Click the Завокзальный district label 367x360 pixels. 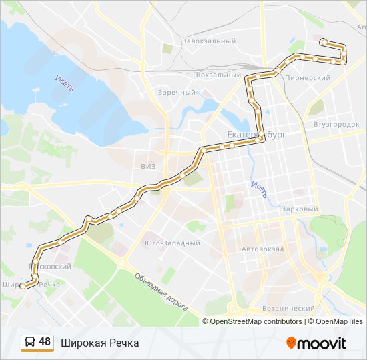(x=209, y=41)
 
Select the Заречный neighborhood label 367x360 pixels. (x=176, y=92)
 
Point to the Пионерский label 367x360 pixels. (x=308, y=78)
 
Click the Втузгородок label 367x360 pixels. (x=336, y=124)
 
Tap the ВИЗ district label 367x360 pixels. (x=148, y=166)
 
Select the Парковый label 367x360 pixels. (x=300, y=209)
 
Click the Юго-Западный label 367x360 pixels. (x=172, y=243)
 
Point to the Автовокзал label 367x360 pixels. (x=263, y=249)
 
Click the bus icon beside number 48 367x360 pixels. (x=29, y=343)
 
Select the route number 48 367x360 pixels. (x=45, y=342)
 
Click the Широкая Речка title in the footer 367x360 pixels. (x=100, y=343)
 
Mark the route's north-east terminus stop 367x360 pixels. (x=323, y=42)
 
